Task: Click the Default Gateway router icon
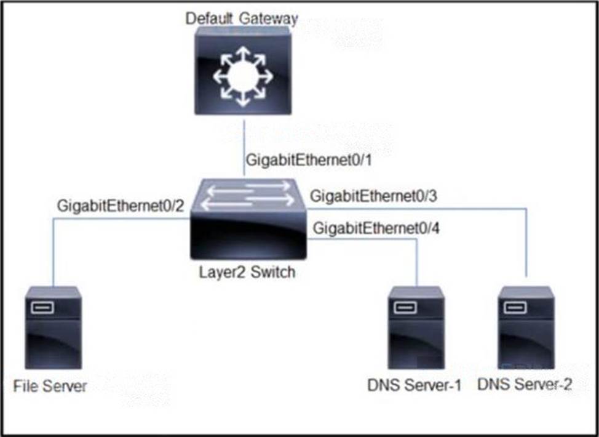coord(243,71)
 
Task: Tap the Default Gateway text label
coord(242,18)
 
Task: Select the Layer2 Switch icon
coord(248,218)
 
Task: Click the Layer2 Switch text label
coord(247,272)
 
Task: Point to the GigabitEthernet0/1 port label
coord(309,160)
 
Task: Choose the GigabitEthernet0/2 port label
coord(121,206)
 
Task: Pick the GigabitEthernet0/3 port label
coord(374,196)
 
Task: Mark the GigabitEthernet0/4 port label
coord(376,228)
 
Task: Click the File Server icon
coord(53,327)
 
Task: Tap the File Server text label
coord(50,386)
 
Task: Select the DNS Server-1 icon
coord(416,327)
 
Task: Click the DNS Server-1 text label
coord(415,385)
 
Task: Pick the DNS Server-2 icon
coord(526,327)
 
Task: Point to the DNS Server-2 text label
coord(525,385)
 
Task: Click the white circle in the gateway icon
coord(243,76)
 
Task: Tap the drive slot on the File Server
coord(42,307)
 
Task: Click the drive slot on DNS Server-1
coord(405,307)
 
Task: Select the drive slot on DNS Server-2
coord(515,307)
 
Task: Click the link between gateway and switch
coord(244,148)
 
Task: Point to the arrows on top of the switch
coord(248,196)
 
